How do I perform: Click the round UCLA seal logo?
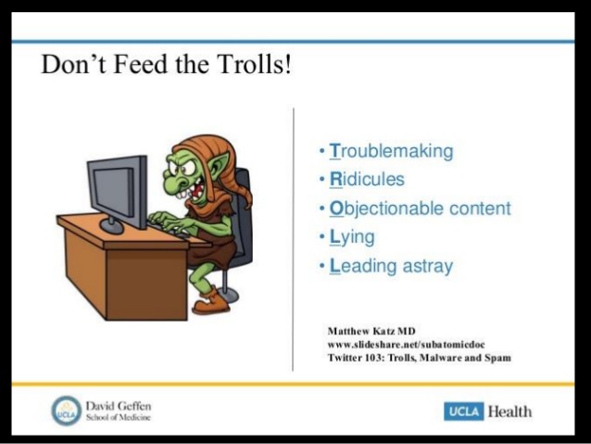[x=67, y=410]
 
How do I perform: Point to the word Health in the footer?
[x=509, y=411]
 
